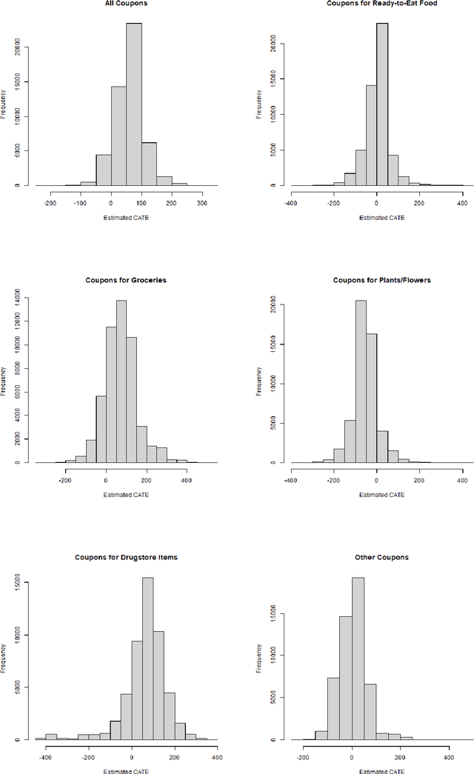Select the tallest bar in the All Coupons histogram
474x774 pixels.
coord(133,104)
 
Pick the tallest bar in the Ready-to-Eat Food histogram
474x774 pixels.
coord(381,104)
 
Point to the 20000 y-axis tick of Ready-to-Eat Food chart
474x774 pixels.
coord(274,44)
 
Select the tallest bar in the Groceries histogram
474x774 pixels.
coord(121,381)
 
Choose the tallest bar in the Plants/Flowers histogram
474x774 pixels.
coord(361,381)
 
